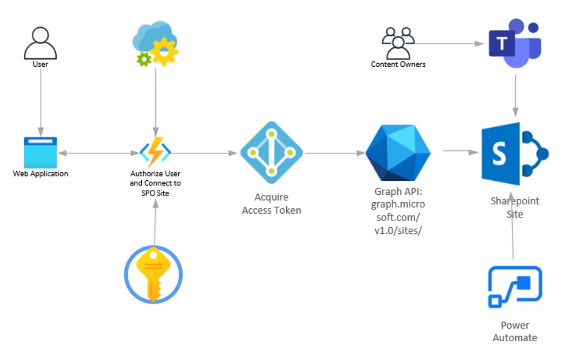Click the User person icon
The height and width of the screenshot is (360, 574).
pos(40,43)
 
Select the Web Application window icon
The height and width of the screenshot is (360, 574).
pos(40,153)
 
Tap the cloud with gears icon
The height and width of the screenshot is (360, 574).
pos(155,44)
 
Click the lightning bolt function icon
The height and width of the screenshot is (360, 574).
pos(155,152)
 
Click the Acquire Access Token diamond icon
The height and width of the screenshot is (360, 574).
pos(271,153)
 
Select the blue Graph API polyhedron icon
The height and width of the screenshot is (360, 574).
pos(398,153)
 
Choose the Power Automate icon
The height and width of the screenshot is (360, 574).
pos(515,288)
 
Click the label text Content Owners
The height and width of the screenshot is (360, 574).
pos(398,65)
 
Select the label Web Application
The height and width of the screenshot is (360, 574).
pos(40,173)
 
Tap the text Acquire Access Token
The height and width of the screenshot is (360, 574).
pos(271,204)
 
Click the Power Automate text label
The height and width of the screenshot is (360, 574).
pos(515,331)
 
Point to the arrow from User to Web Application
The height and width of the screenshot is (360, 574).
pos(40,99)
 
